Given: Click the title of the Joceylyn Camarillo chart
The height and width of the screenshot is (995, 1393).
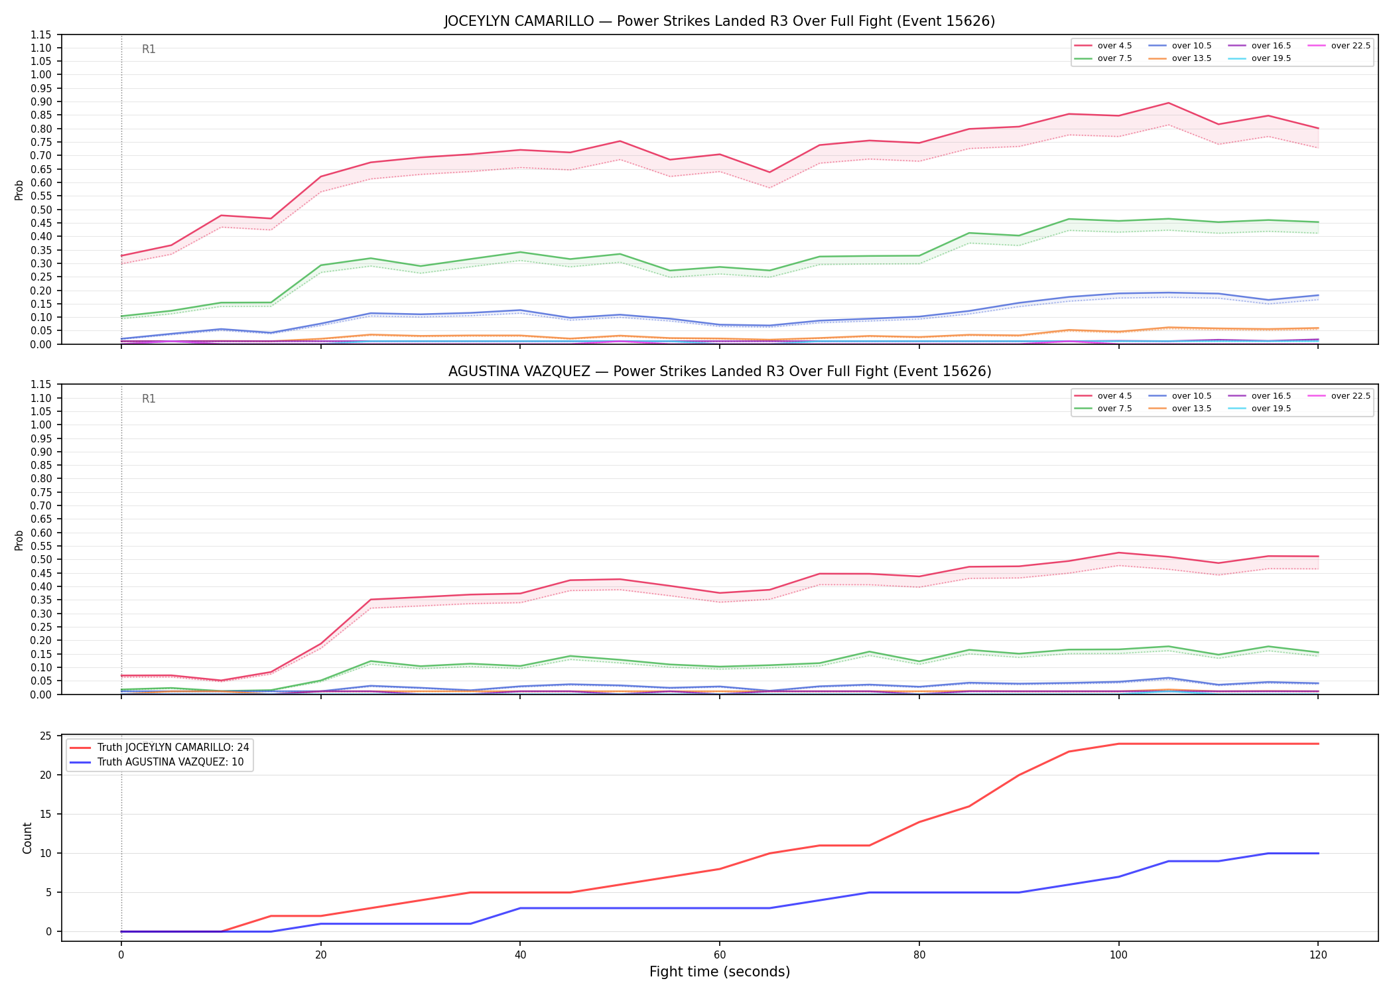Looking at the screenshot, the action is click(x=720, y=21).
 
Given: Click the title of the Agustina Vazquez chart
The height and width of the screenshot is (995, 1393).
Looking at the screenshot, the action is click(x=720, y=371).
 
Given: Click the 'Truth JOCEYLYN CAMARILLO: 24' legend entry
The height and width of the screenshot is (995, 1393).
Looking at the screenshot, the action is click(x=159, y=748).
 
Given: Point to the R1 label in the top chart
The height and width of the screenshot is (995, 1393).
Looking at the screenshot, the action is click(x=149, y=50).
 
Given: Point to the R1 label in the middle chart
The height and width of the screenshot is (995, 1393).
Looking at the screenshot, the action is click(x=149, y=399).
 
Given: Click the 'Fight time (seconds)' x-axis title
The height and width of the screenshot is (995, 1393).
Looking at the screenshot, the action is click(x=720, y=972).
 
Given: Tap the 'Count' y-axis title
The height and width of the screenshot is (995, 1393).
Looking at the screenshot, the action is click(x=27, y=838).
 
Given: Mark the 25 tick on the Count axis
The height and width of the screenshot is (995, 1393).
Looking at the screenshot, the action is click(x=46, y=736).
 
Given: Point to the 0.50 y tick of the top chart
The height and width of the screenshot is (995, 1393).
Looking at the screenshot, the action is click(x=42, y=210).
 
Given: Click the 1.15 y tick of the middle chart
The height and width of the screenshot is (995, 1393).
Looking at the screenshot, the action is click(x=42, y=385).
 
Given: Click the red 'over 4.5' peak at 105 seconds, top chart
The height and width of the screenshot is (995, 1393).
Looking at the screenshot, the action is click(x=1168, y=103).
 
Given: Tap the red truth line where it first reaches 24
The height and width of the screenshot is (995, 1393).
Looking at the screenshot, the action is click(x=1118, y=744).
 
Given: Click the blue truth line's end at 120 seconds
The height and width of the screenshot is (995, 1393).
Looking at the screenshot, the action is click(x=1318, y=854).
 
